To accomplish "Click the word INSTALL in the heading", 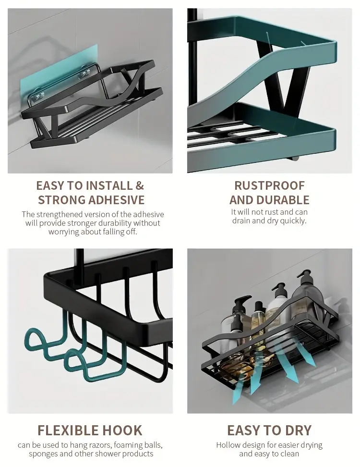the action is click(109, 185).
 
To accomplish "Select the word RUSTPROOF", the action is click(270, 185).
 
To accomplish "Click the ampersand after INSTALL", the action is click(140, 185).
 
